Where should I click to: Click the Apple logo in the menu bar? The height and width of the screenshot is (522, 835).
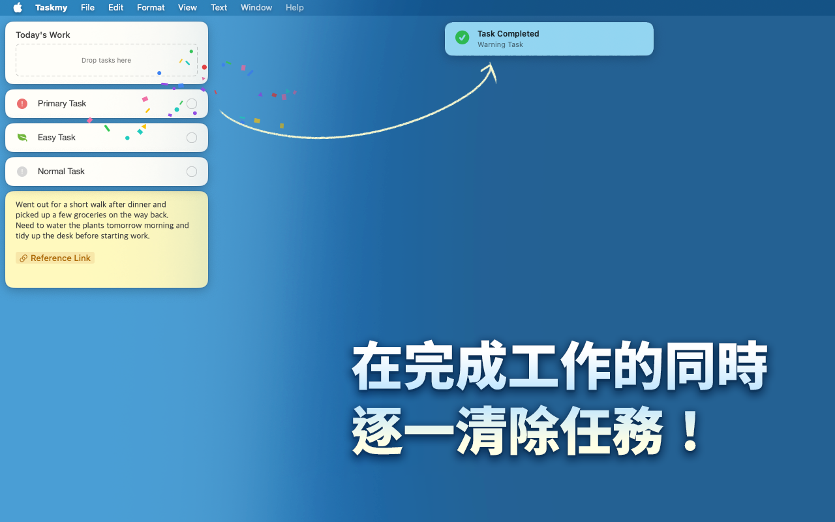click(18, 8)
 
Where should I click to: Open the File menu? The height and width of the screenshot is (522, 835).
click(87, 8)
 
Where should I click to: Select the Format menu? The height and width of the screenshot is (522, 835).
click(151, 8)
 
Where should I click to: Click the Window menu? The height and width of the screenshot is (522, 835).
click(256, 8)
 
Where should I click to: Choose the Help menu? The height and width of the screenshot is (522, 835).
click(295, 8)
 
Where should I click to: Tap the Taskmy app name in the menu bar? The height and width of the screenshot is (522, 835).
click(52, 8)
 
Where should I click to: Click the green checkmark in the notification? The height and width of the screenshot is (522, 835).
click(462, 38)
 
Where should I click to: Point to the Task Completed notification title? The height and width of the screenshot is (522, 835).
click(508, 34)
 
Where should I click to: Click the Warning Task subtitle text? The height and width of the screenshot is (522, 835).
click(500, 45)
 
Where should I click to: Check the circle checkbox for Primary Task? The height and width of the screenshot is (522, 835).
click(192, 104)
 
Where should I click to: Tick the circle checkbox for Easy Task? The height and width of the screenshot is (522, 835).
click(192, 138)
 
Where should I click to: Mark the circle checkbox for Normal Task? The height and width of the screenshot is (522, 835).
click(192, 172)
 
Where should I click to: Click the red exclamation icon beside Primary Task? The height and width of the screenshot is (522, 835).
click(22, 104)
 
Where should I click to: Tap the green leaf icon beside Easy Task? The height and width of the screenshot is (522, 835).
click(22, 138)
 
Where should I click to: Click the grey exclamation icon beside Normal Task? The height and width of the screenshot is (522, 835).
click(22, 172)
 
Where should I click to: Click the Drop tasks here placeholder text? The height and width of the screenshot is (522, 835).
click(106, 61)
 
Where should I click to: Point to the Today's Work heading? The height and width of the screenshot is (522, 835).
click(43, 35)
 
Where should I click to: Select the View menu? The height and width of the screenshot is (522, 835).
click(187, 8)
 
